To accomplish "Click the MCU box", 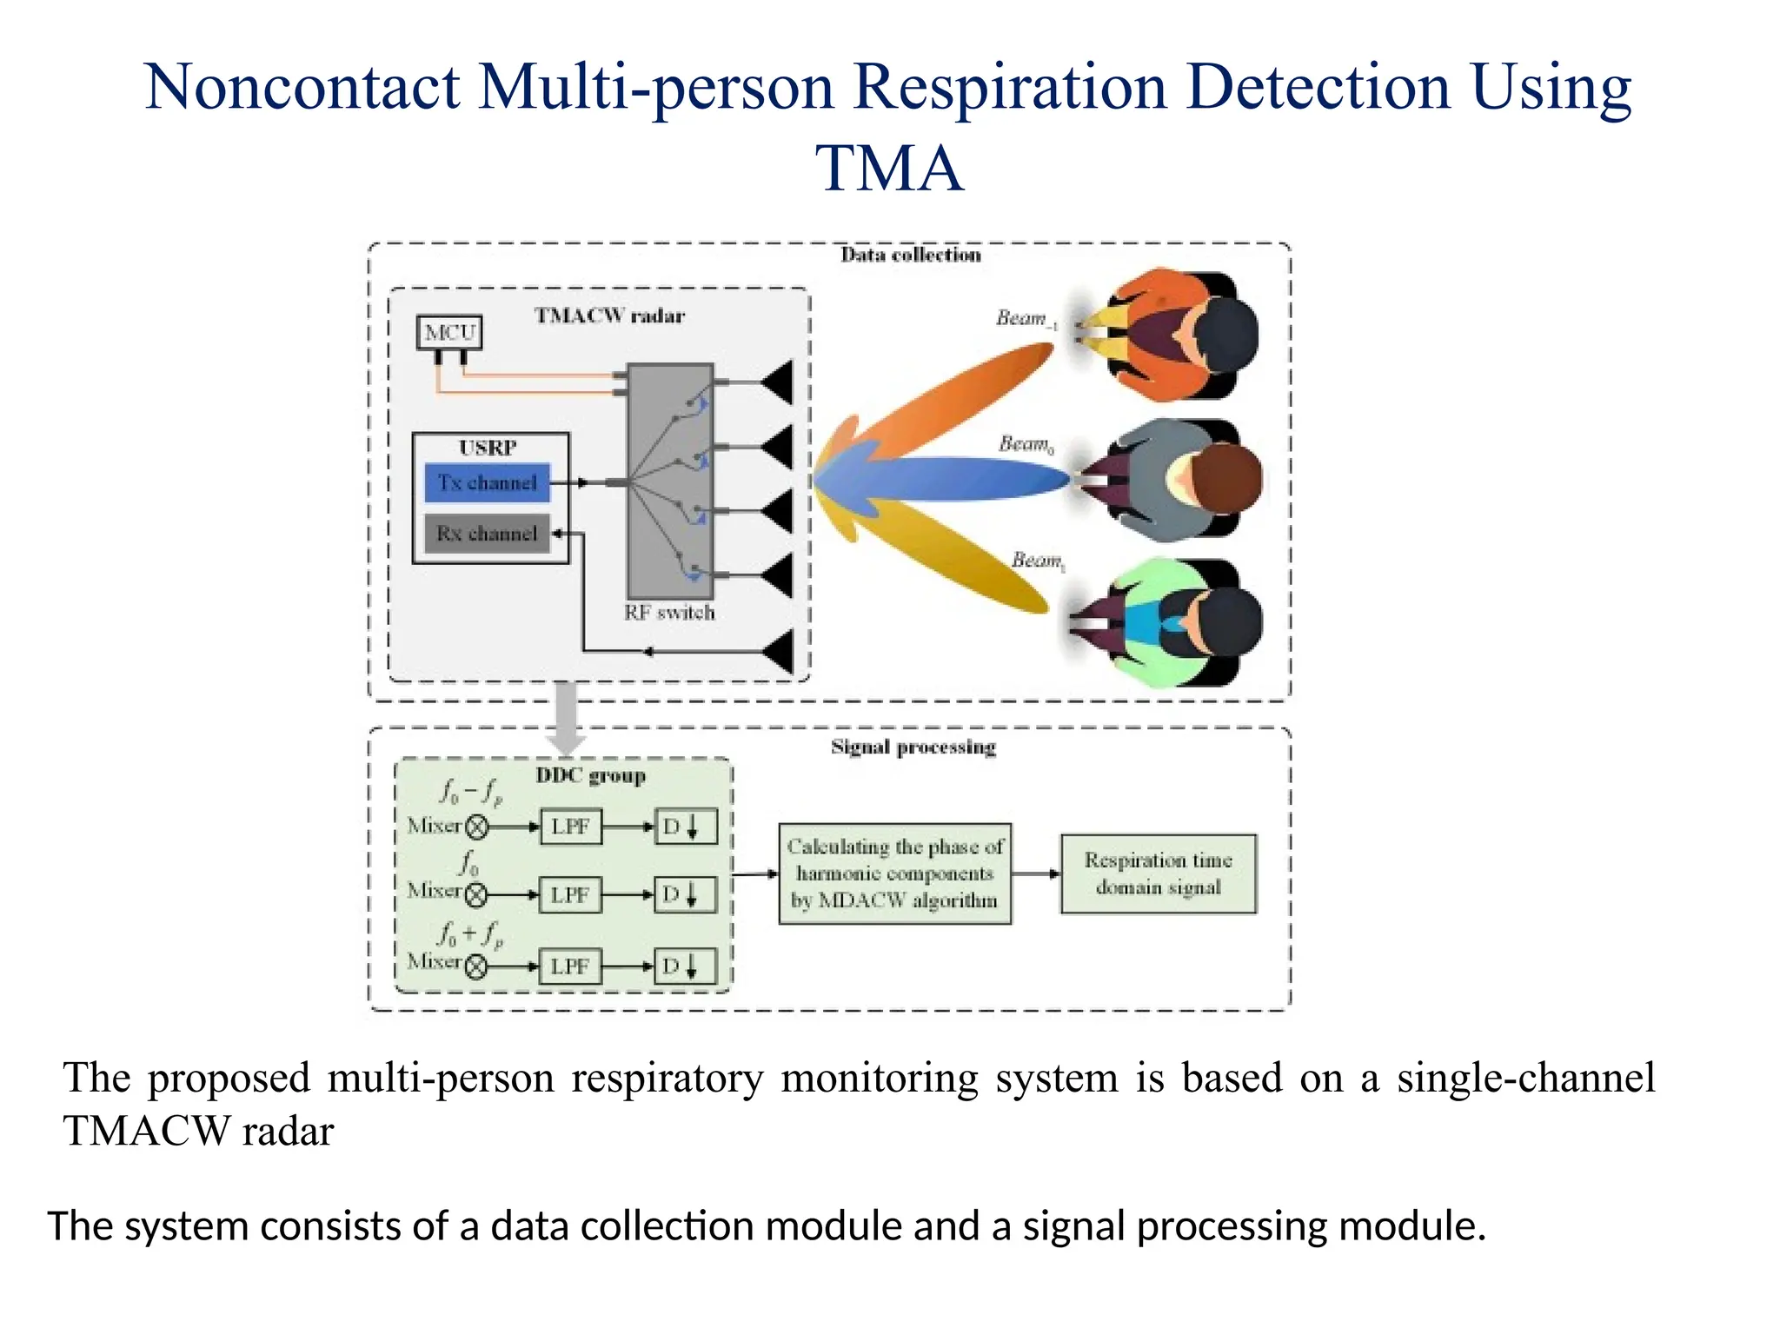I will [448, 332].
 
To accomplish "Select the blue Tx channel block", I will [488, 482].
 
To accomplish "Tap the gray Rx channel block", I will [487, 533].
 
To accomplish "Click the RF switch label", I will [669, 613].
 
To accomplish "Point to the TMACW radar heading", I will [609, 315].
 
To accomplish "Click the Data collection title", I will [910, 255].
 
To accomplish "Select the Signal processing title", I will [913, 747].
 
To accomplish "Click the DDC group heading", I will [590, 775].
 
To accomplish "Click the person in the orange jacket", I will [1173, 335].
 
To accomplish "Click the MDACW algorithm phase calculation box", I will [894, 873].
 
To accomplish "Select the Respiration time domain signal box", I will [1158, 873].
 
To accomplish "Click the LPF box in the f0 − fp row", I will [570, 827].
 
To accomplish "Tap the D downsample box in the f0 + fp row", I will [686, 966].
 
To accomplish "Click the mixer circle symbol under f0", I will [476, 894].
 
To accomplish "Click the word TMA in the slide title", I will [889, 168].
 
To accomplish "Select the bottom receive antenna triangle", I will [780, 651].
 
